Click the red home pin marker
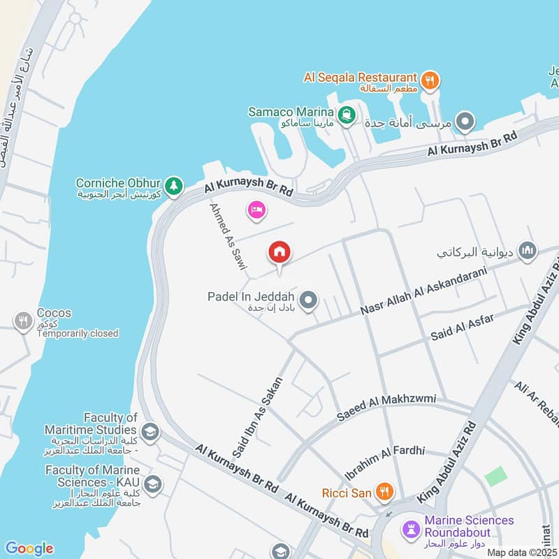279,252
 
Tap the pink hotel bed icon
256,210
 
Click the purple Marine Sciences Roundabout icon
411,526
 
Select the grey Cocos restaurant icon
23,321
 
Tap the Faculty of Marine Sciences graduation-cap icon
152,482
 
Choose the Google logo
29,549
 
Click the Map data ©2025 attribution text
522,552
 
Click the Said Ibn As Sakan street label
257,417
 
